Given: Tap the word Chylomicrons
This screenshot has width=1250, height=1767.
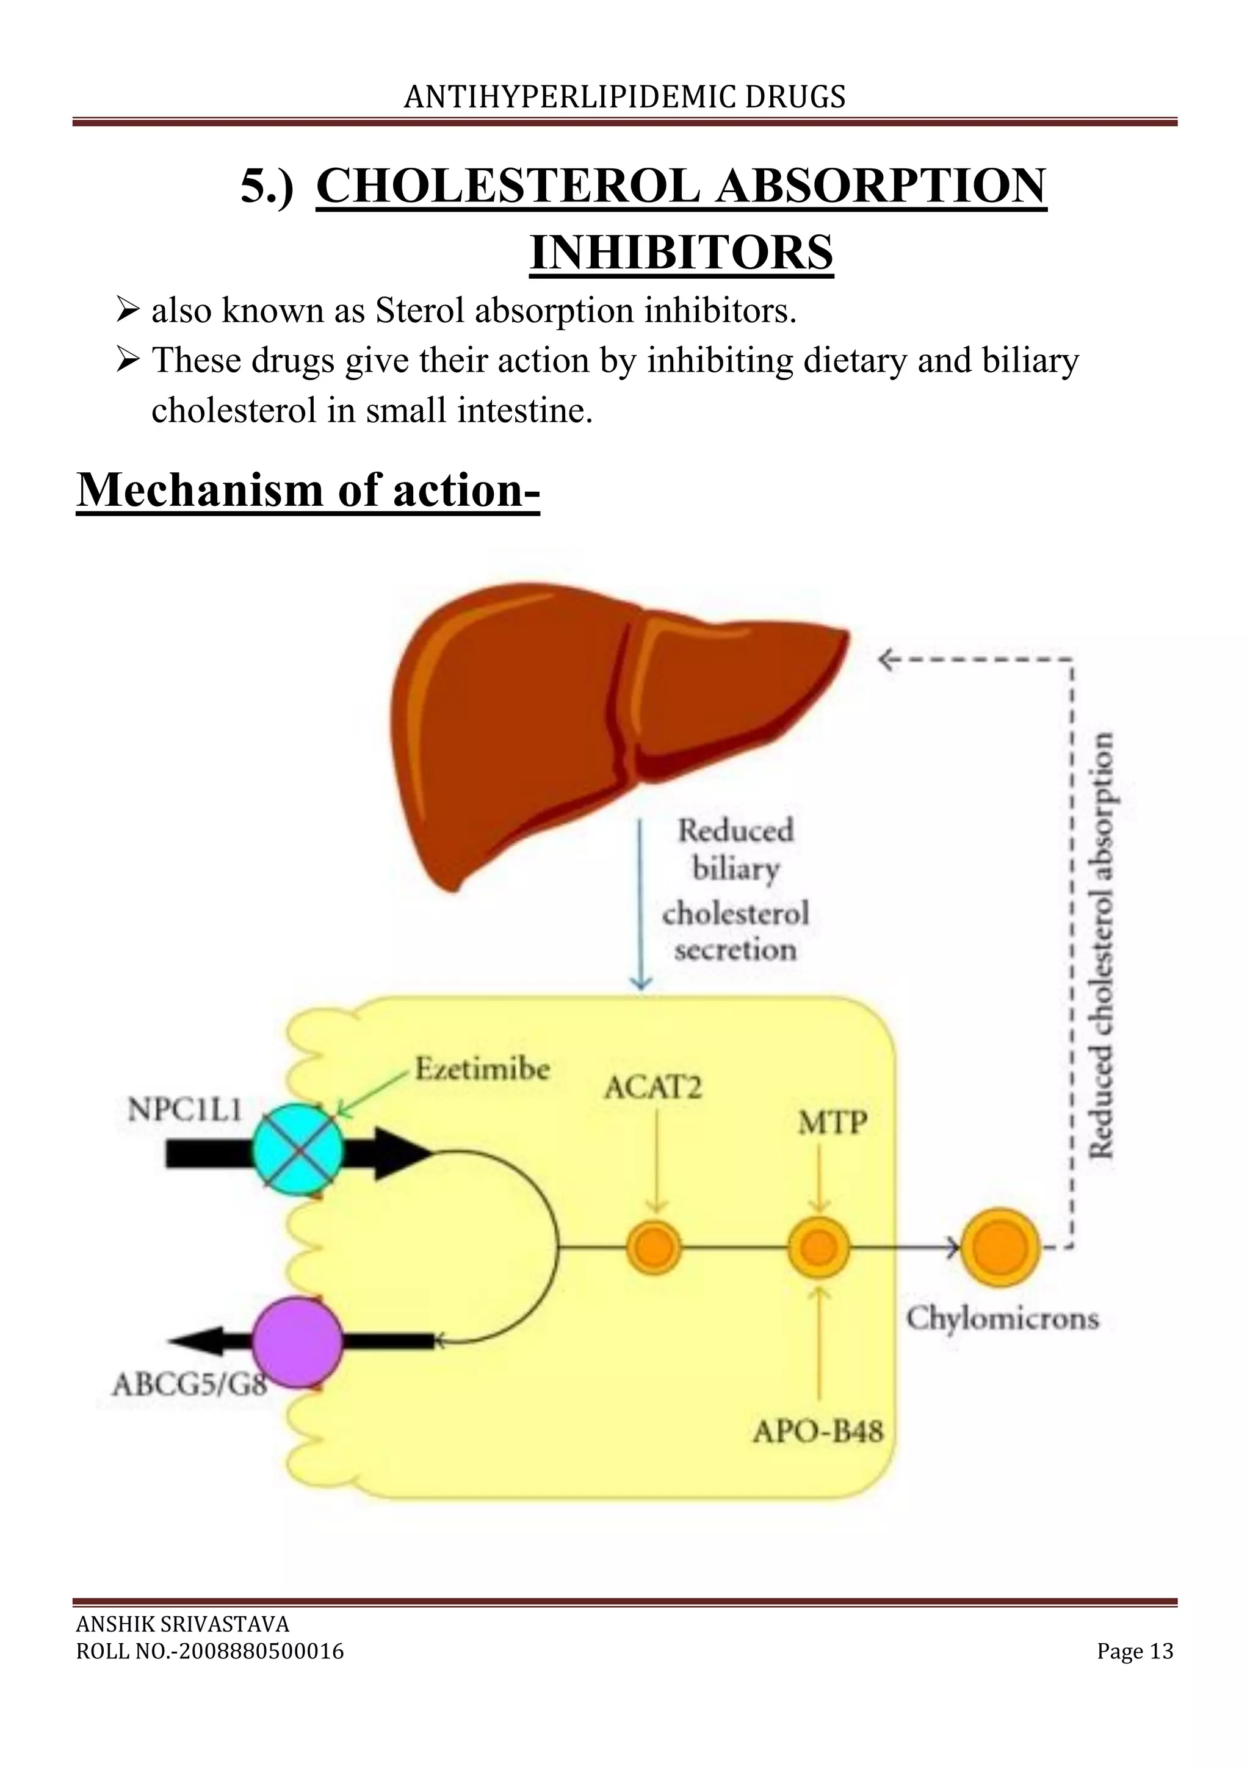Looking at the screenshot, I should coord(1002,1319).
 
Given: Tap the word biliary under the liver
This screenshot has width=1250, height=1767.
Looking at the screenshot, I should coord(736,869).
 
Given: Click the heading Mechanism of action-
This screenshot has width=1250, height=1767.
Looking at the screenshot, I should coord(308,489).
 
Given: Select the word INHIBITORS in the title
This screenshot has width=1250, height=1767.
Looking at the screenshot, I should coord(681,253).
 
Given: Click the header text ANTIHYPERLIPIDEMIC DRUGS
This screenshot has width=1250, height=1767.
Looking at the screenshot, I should coord(624,97).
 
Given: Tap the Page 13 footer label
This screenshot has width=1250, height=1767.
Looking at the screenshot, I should coord(1135,1652).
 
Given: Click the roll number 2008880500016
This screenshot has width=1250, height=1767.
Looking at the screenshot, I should coord(261,1652).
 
